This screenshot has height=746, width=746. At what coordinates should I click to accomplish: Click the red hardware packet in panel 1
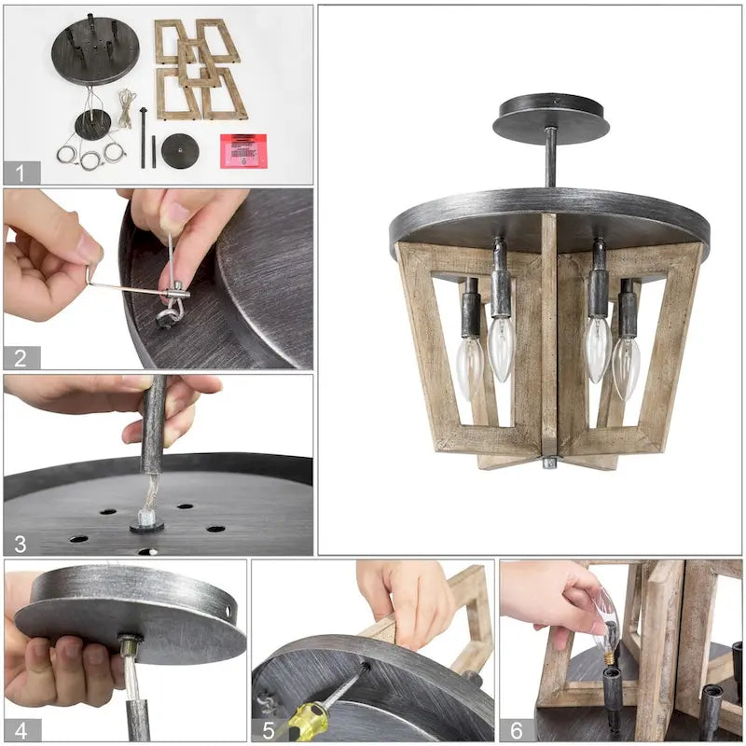242,150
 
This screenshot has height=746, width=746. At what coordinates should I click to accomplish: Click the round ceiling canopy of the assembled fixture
550,117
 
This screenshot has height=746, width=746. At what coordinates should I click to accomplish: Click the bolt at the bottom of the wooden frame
549,462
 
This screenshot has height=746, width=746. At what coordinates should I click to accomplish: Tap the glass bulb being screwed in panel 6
607,620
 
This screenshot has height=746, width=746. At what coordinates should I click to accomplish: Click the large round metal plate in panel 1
95,49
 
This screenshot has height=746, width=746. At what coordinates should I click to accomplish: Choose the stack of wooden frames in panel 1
200,70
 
